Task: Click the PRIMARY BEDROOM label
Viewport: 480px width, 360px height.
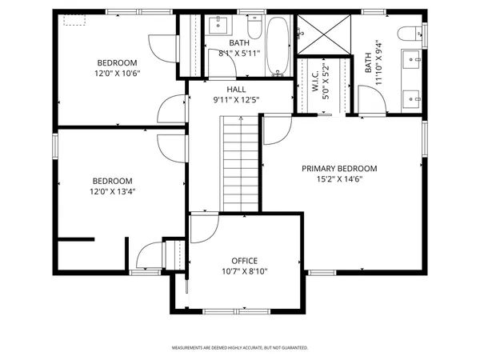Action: pos(338,168)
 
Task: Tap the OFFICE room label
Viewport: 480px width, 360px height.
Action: pos(244,261)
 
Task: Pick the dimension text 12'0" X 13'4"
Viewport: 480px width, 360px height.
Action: pos(112,191)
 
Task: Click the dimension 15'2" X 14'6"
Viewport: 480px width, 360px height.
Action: pos(338,179)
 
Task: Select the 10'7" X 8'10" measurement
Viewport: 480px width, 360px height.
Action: pos(244,272)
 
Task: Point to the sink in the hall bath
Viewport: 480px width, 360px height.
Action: pos(218,26)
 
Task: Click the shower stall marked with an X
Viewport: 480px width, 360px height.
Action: pos(324,36)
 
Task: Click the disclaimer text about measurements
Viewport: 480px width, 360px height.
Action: pos(239,348)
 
